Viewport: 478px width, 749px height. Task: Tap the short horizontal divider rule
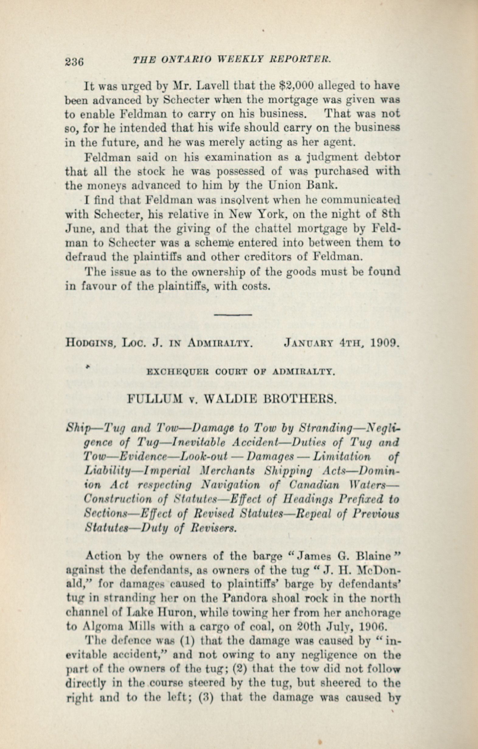233,315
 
